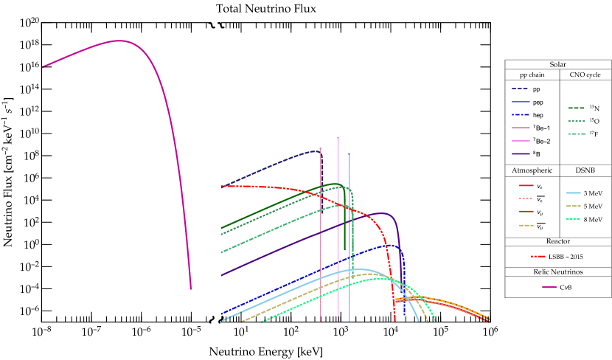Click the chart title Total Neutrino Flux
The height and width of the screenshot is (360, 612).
(x=265, y=8)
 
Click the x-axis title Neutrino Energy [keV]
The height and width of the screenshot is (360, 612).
(x=265, y=352)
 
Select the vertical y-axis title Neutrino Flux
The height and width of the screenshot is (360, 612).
(x=8, y=172)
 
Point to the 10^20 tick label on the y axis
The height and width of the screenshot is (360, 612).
(x=29, y=23)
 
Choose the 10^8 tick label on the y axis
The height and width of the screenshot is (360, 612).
(x=30, y=156)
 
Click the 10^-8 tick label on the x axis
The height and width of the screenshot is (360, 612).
(x=41, y=333)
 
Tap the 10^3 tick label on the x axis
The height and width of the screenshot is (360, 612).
(x=341, y=333)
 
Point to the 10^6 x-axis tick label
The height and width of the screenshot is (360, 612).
(x=489, y=333)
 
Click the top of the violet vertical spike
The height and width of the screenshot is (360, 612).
(x=338, y=138)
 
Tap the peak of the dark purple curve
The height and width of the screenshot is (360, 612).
(x=383, y=213)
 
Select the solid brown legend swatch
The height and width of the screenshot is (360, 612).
(x=526, y=212)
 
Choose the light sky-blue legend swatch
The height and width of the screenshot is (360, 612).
(x=574, y=193)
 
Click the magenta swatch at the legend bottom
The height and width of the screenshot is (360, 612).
(x=549, y=287)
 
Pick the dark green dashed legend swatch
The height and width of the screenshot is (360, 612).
(x=576, y=108)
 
